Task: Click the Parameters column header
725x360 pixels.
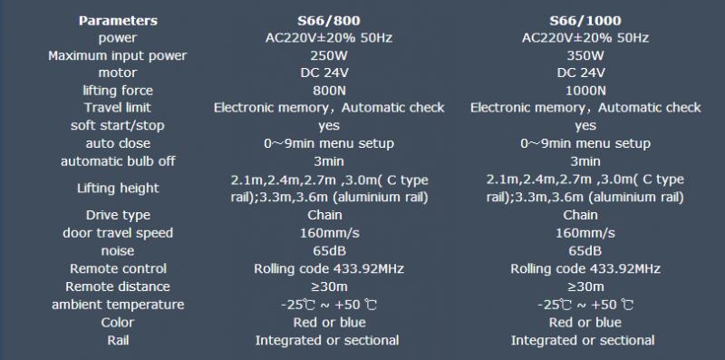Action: coord(118,21)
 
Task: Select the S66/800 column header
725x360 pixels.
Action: coord(329,21)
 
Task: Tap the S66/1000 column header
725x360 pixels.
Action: coord(585,21)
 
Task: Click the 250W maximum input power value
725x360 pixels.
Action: coord(329,55)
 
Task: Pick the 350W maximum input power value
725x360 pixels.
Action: coord(585,55)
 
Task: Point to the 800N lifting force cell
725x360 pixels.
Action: coord(329,91)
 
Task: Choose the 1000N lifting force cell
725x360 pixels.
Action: coord(585,91)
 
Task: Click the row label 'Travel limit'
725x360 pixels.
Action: coord(118,108)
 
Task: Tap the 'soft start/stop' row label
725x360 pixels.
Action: coord(118,125)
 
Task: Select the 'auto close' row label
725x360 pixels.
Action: coord(118,143)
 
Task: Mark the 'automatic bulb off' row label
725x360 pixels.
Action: coord(118,161)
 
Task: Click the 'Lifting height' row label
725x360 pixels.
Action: coord(118,188)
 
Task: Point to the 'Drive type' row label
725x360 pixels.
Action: coord(118,215)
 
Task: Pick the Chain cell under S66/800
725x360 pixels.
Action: coord(324,215)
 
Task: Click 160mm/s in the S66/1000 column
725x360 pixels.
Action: coord(585,233)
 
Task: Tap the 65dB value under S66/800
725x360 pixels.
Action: coord(329,251)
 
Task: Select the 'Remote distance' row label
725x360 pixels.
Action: coord(118,287)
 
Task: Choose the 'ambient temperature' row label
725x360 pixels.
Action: coord(118,305)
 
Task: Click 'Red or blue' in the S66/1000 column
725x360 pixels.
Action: coord(585,322)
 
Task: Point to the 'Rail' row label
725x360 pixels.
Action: coord(118,340)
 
